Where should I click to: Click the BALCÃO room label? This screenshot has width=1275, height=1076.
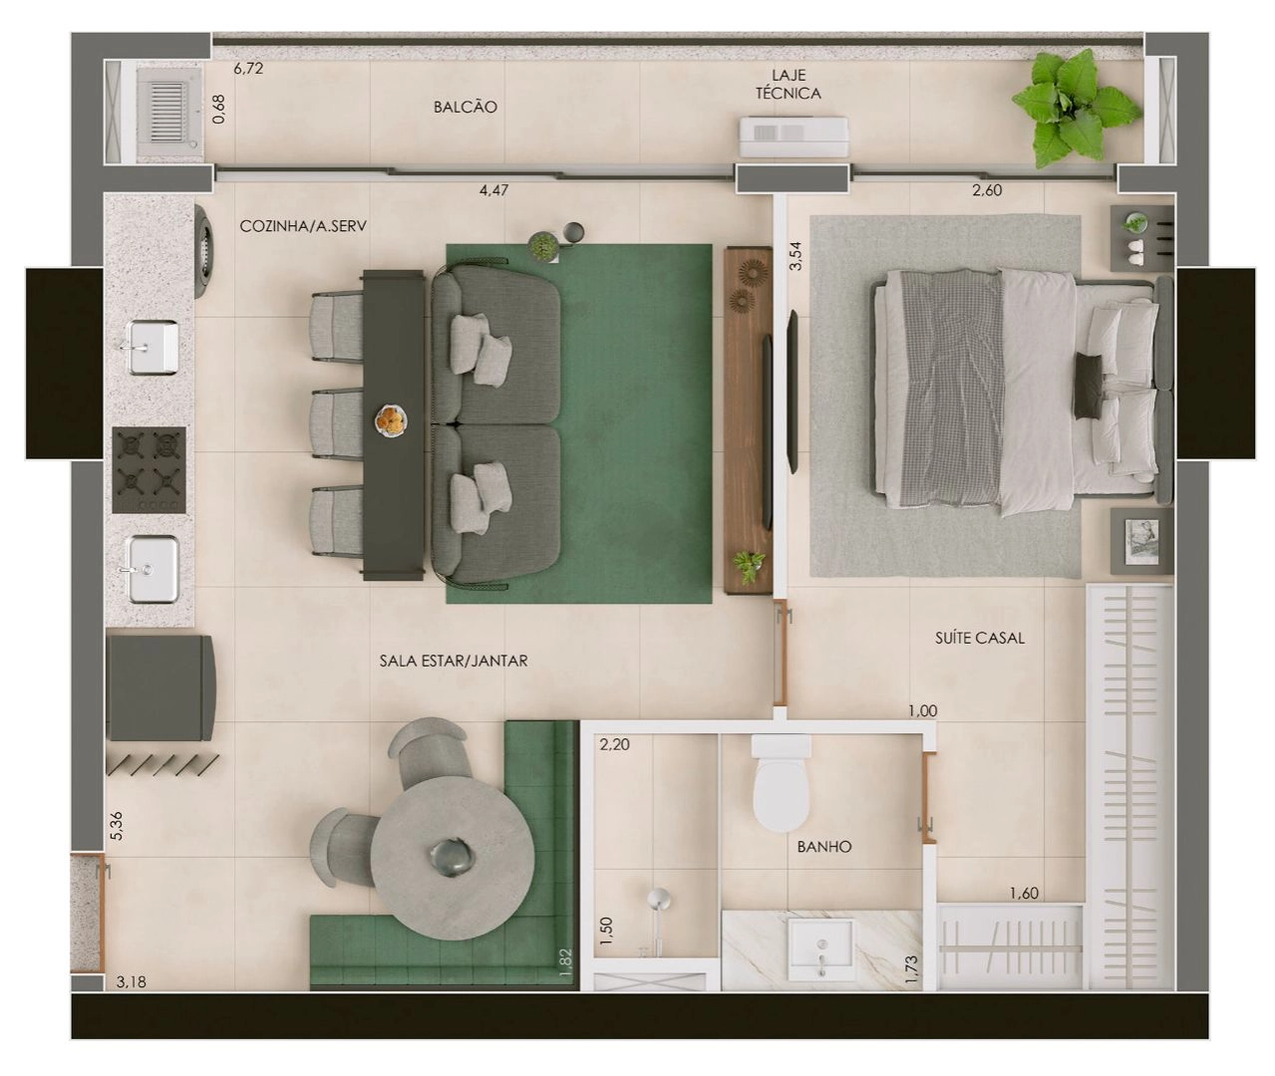(465, 107)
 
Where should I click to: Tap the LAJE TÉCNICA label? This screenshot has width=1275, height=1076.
(788, 85)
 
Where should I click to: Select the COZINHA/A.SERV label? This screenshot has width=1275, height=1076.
(303, 226)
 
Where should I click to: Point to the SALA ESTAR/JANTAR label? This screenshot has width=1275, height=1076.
(454, 661)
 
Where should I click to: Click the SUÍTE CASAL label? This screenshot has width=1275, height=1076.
(980, 638)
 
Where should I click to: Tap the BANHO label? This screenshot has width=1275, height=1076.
(823, 847)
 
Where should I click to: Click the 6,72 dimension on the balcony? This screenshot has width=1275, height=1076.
(248, 69)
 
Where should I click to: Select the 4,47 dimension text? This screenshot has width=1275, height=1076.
(493, 190)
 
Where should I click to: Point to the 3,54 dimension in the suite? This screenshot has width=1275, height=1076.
(796, 256)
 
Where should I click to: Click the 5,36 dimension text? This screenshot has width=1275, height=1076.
(117, 825)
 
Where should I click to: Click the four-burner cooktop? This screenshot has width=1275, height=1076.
(149, 469)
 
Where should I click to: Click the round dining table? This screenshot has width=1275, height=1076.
(453, 858)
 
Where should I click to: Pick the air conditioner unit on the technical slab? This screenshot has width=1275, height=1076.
(794, 136)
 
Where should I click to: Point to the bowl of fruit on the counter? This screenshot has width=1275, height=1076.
(392, 420)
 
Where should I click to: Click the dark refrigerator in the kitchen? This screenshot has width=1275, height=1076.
(160, 687)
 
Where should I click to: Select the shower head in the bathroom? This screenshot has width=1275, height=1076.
(659, 899)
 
